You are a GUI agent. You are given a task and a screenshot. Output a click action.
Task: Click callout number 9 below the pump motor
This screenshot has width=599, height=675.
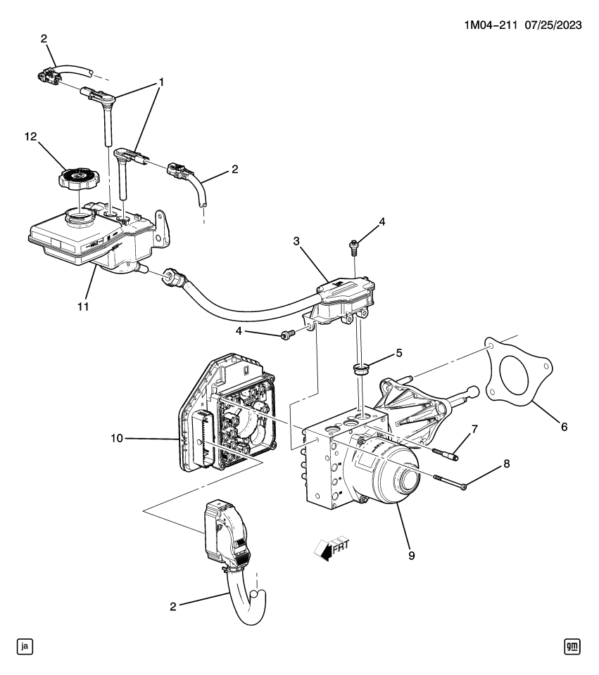(411, 555)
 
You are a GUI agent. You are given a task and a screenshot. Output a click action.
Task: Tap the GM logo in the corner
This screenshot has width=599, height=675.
(574, 644)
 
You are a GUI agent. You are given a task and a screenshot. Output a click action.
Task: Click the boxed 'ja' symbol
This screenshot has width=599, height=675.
(24, 644)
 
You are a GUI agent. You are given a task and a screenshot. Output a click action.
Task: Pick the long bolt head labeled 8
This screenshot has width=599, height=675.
(463, 486)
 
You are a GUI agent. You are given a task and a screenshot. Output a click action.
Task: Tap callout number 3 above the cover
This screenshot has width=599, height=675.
(297, 241)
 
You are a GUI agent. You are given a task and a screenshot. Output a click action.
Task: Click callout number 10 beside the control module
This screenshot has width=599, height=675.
(117, 438)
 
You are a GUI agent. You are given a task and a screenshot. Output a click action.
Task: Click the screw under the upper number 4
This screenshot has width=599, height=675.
(354, 245)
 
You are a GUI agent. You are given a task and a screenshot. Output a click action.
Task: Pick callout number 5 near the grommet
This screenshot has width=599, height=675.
(400, 353)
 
